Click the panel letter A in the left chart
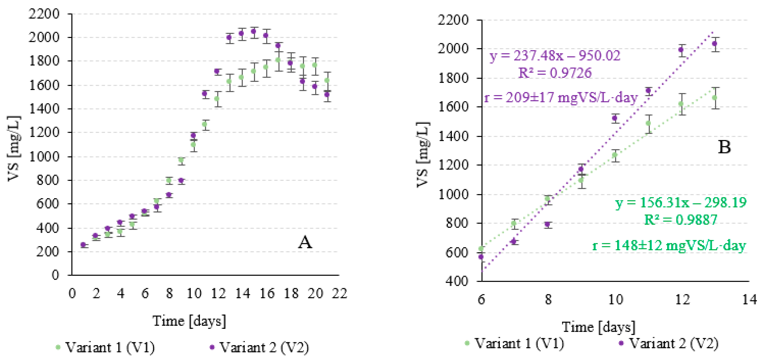pos(305,243)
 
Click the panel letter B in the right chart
pos(724,147)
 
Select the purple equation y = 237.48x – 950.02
pos(555,56)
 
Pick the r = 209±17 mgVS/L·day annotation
pos(561,97)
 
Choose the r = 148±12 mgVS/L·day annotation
pos(669,245)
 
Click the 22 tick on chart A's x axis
pos(339,293)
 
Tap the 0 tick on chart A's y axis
pos(55,275)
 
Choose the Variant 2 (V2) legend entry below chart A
pos(259,347)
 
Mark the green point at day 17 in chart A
pos(278,60)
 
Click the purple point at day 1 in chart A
pos(83,245)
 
